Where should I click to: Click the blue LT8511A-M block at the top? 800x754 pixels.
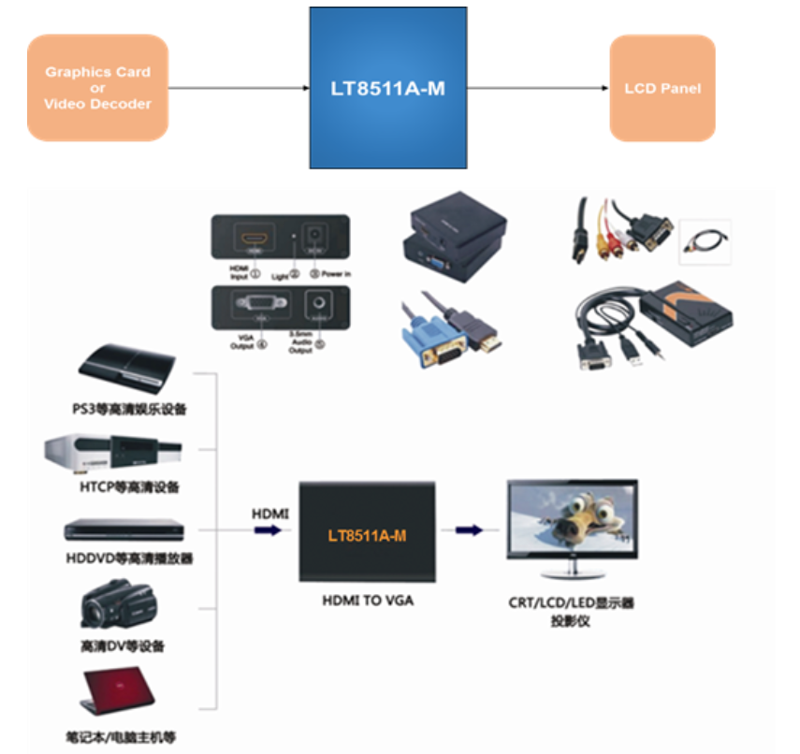tap(388, 90)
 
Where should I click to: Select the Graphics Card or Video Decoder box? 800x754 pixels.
tap(98, 88)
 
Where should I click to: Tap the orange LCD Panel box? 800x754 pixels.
tap(662, 89)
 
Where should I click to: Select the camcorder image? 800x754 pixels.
tap(118, 604)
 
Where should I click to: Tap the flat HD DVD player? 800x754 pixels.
tap(120, 529)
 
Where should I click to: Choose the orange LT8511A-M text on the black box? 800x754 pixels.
tap(367, 536)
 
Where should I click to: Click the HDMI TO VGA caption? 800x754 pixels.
tap(368, 600)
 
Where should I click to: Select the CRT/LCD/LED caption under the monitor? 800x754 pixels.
tap(571, 603)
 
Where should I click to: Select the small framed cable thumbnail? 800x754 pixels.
tap(704, 242)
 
